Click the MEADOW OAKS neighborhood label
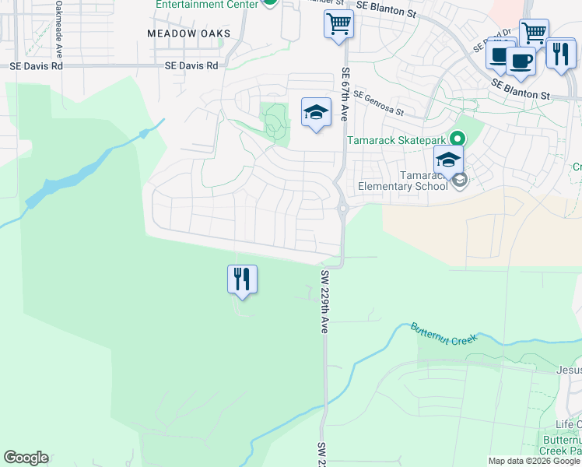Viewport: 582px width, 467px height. (189, 33)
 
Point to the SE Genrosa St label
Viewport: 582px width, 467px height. (380, 103)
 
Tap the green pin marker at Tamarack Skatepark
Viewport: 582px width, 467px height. (458, 139)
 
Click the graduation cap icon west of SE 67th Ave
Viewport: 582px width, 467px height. (316, 114)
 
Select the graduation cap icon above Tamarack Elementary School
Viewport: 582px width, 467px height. (449, 161)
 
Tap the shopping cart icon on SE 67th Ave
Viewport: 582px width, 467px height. (338, 24)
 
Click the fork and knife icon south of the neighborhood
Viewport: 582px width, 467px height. (242, 279)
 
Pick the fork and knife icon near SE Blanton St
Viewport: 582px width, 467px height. (559, 54)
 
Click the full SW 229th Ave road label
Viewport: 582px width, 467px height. (324, 303)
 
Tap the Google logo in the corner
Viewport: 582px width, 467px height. (26, 458)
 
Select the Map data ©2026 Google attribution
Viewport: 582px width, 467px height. (534, 461)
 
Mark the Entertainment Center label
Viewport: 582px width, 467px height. (206, 4)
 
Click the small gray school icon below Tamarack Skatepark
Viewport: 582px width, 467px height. (460, 181)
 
